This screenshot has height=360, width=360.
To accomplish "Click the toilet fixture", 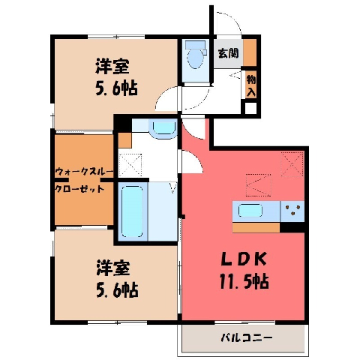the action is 196,55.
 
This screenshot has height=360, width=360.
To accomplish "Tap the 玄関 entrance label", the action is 228,53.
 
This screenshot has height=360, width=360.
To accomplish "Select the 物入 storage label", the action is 251,86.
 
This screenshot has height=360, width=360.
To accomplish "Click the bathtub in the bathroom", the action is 132,211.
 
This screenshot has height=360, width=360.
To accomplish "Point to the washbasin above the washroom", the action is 163,129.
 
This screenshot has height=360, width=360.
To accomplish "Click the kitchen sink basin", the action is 250,211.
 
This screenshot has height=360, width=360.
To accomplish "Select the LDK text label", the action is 244,259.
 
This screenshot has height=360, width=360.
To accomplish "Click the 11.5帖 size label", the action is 244,281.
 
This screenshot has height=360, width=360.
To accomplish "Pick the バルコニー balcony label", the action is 246,338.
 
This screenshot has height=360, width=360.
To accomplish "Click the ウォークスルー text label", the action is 85,172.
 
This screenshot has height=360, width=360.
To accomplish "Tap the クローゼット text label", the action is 79,189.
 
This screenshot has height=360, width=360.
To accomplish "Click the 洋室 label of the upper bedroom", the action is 112,66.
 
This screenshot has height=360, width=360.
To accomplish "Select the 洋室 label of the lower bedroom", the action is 113,268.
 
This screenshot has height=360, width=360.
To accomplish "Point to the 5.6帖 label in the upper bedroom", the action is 116,88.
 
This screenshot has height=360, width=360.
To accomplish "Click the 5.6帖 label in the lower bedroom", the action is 117,289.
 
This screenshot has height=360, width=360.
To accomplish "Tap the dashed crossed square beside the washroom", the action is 130,165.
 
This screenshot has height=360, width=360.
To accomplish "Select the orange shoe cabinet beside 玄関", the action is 250,52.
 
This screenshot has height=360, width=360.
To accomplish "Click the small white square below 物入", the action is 250,108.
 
